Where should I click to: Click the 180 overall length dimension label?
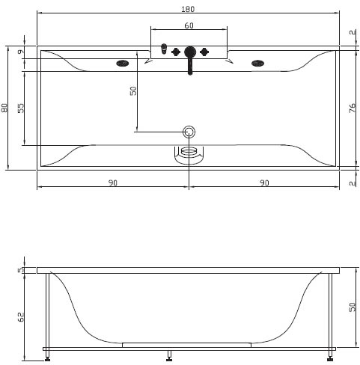point(188,9)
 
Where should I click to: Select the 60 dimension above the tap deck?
point(189,25)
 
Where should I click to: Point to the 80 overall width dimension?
point(4,108)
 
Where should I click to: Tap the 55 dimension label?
point(21,108)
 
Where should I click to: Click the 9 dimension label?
point(21,52)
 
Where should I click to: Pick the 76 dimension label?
point(352,108)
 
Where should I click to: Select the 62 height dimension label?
point(21,317)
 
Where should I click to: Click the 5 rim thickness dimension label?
point(21,270)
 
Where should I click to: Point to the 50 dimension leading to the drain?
point(133,91)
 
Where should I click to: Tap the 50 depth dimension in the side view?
point(352,307)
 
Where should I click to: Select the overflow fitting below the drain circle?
point(189,156)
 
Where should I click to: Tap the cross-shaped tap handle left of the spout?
point(176,52)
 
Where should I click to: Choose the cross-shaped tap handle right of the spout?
point(204,52)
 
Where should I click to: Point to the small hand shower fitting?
point(164,49)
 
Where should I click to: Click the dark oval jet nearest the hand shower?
point(123,64)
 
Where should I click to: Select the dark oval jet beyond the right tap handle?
point(257,64)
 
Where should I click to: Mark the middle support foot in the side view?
point(169,356)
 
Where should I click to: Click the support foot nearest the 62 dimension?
point(47,356)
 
